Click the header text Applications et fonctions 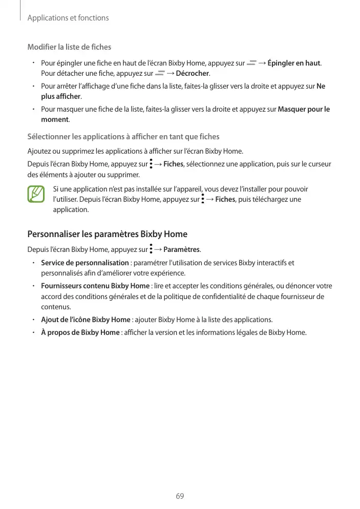[68, 18]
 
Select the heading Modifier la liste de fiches [69, 47]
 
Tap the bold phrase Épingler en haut [294, 63]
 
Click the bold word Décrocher [193, 74]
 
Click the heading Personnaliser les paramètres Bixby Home [107, 234]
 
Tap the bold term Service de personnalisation [84, 263]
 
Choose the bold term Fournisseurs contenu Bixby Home [95, 285]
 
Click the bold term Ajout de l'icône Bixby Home [86, 320]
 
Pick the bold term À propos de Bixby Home [80, 332]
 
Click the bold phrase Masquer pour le [304, 109]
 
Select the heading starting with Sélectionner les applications [123, 137]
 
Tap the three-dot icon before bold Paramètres [151, 249]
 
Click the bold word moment [54, 119]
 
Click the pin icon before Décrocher [160, 74]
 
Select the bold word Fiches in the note [225, 199]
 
